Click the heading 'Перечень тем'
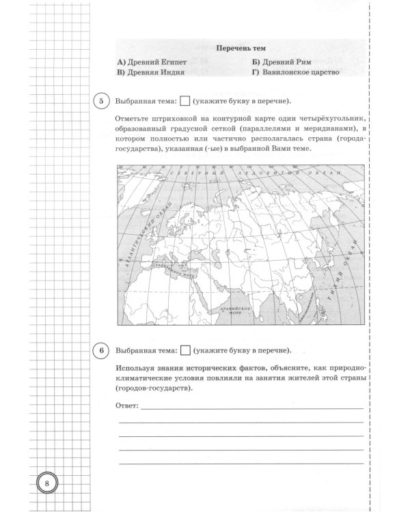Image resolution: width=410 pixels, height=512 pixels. [x=241, y=48]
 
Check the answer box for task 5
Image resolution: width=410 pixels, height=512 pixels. [x=184, y=102]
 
